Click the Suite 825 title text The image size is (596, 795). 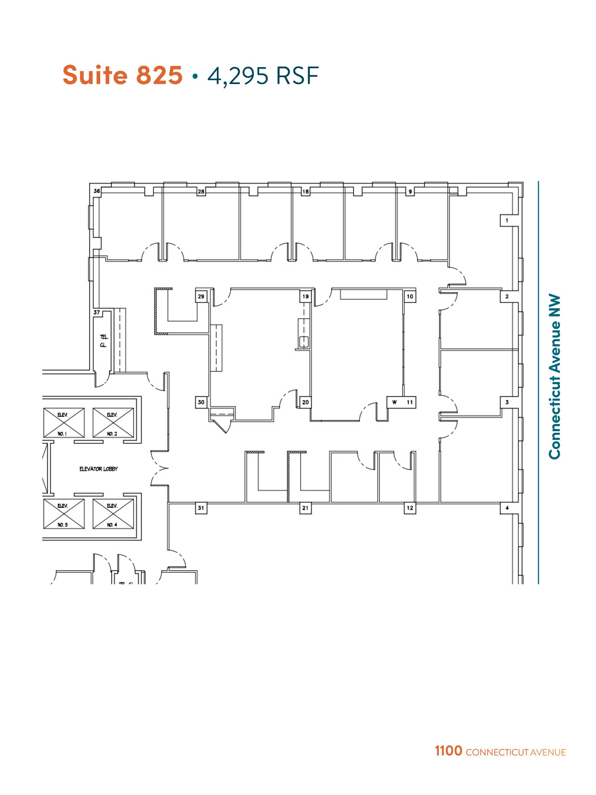tap(122, 75)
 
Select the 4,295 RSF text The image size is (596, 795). tap(263, 76)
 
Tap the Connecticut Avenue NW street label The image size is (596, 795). tap(555, 377)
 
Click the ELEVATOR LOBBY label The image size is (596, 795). tap(99, 469)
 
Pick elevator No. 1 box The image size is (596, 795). tap(64, 423)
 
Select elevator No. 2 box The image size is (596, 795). tap(113, 423)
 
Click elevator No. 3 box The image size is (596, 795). tap(64, 514)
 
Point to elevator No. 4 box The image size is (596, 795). tap(113, 514)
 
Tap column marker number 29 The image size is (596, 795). tap(201, 296)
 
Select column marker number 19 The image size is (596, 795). tap(305, 296)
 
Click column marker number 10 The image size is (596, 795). tap(410, 296)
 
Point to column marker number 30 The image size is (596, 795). tap(201, 402)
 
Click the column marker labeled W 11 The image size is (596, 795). tap(402, 402)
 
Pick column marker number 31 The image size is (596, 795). tap(201, 508)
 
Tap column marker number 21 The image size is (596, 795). tap(305, 508)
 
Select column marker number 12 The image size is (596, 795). tap(410, 508)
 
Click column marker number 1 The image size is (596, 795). tap(507, 220)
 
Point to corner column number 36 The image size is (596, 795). tap(97, 191)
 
